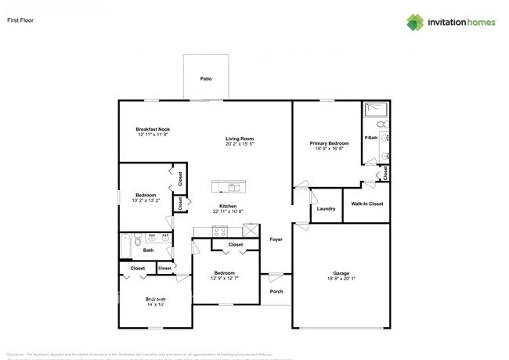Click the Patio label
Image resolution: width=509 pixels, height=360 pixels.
pyautogui.click(x=206, y=79)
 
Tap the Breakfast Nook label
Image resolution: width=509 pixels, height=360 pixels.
pyautogui.click(x=153, y=129)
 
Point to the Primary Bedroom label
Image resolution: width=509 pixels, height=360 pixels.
pyautogui.click(x=329, y=143)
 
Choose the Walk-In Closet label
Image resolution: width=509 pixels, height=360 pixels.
pyautogui.click(x=366, y=204)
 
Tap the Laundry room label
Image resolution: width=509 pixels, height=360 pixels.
pyautogui.click(x=327, y=208)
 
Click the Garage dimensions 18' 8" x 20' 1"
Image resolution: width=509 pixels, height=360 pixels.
pyautogui.click(x=341, y=279)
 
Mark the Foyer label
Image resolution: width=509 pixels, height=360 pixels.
pyautogui.click(x=276, y=239)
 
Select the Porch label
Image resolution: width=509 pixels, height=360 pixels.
pyautogui.click(x=276, y=291)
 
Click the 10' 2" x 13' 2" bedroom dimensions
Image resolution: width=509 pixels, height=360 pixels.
pyautogui.click(x=146, y=200)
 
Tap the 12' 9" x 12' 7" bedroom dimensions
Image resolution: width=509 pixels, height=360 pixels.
pyautogui.click(x=227, y=279)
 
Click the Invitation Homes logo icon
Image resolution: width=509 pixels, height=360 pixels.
pyautogui.click(x=415, y=22)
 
